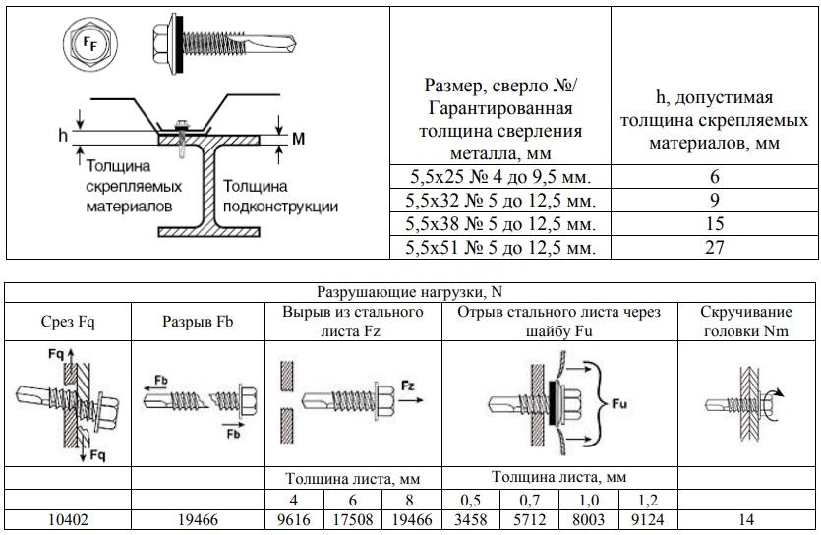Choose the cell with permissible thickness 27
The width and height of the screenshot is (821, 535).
[715, 248]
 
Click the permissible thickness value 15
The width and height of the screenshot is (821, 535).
[715, 224]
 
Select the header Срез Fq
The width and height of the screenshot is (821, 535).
[68, 321]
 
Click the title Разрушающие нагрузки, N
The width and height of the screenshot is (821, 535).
[410, 293]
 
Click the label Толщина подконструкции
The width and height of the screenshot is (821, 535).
[279, 196]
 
